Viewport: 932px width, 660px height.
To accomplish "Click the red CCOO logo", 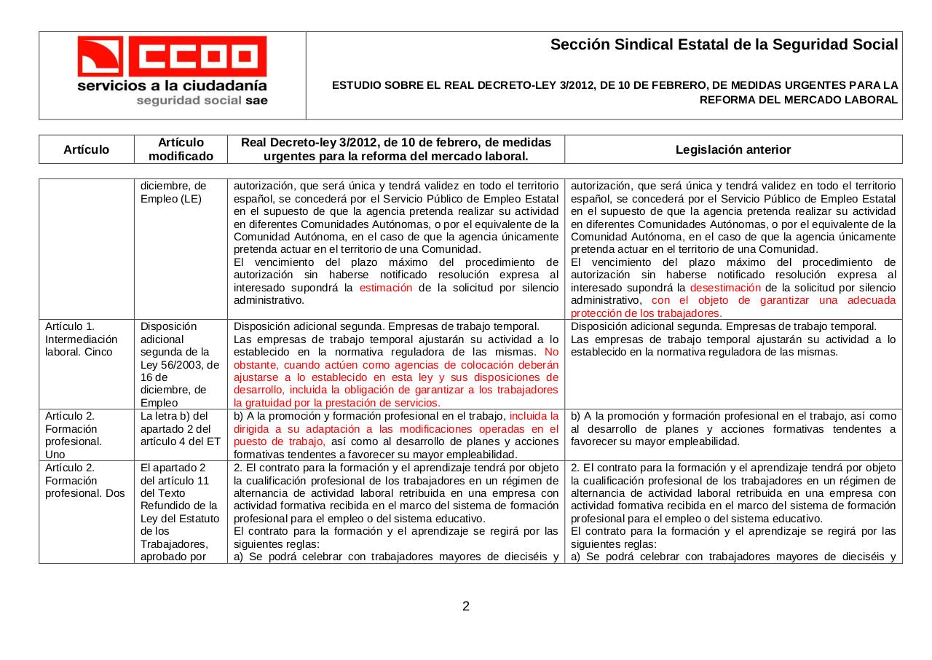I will [x=172, y=56].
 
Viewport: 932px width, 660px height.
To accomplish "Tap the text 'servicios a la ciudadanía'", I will [x=172, y=85].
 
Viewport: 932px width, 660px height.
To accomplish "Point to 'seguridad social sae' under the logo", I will [x=202, y=101].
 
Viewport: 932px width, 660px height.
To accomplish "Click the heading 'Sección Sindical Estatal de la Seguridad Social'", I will [x=724, y=45].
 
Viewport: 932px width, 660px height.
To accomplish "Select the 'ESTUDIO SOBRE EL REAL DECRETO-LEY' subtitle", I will [x=615, y=85].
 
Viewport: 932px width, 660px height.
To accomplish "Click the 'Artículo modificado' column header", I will [x=181, y=149].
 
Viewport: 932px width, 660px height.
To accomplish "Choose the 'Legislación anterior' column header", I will [x=732, y=149].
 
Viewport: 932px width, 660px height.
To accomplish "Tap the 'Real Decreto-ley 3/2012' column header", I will [x=395, y=149].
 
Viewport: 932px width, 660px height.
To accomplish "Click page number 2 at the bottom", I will [x=466, y=606].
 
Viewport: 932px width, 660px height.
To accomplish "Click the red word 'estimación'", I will [x=385, y=288].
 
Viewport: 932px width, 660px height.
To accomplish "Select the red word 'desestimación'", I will [x=724, y=288].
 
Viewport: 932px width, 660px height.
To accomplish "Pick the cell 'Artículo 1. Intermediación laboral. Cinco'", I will [x=81, y=339].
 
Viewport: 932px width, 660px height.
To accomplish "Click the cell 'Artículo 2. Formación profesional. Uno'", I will [x=74, y=435].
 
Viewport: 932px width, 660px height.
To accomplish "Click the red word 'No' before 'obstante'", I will [x=551, y=352].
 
